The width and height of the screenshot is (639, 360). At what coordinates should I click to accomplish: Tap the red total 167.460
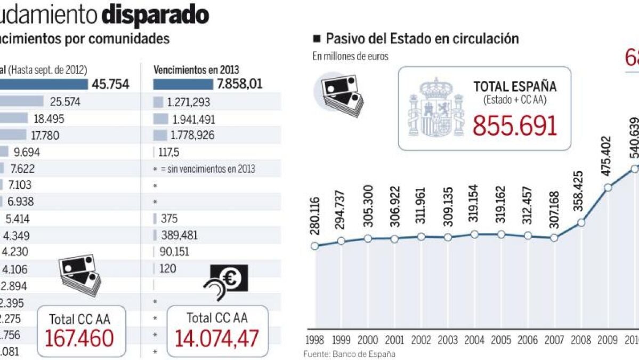[x=79, y=339]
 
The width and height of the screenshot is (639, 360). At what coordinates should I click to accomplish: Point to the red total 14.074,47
[x=218, y=339]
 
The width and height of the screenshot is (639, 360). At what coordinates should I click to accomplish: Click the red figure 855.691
[x=515, y=126]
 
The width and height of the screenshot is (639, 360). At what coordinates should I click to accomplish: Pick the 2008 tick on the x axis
[x=581, y=340]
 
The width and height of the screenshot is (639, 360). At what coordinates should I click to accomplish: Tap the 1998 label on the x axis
[x=314, y=340]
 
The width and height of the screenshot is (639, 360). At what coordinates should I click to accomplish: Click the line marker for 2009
[x=608, y=188]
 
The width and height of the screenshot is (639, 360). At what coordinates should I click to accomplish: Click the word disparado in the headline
[x=155, y=15]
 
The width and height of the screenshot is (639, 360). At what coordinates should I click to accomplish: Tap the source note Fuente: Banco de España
[x=350, y=354]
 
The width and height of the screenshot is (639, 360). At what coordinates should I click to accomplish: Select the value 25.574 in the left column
[x=65, y=102]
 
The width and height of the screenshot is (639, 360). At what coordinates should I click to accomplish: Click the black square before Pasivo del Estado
[x=317, y=38]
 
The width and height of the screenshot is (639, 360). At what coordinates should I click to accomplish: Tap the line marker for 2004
[x=474, y=234]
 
